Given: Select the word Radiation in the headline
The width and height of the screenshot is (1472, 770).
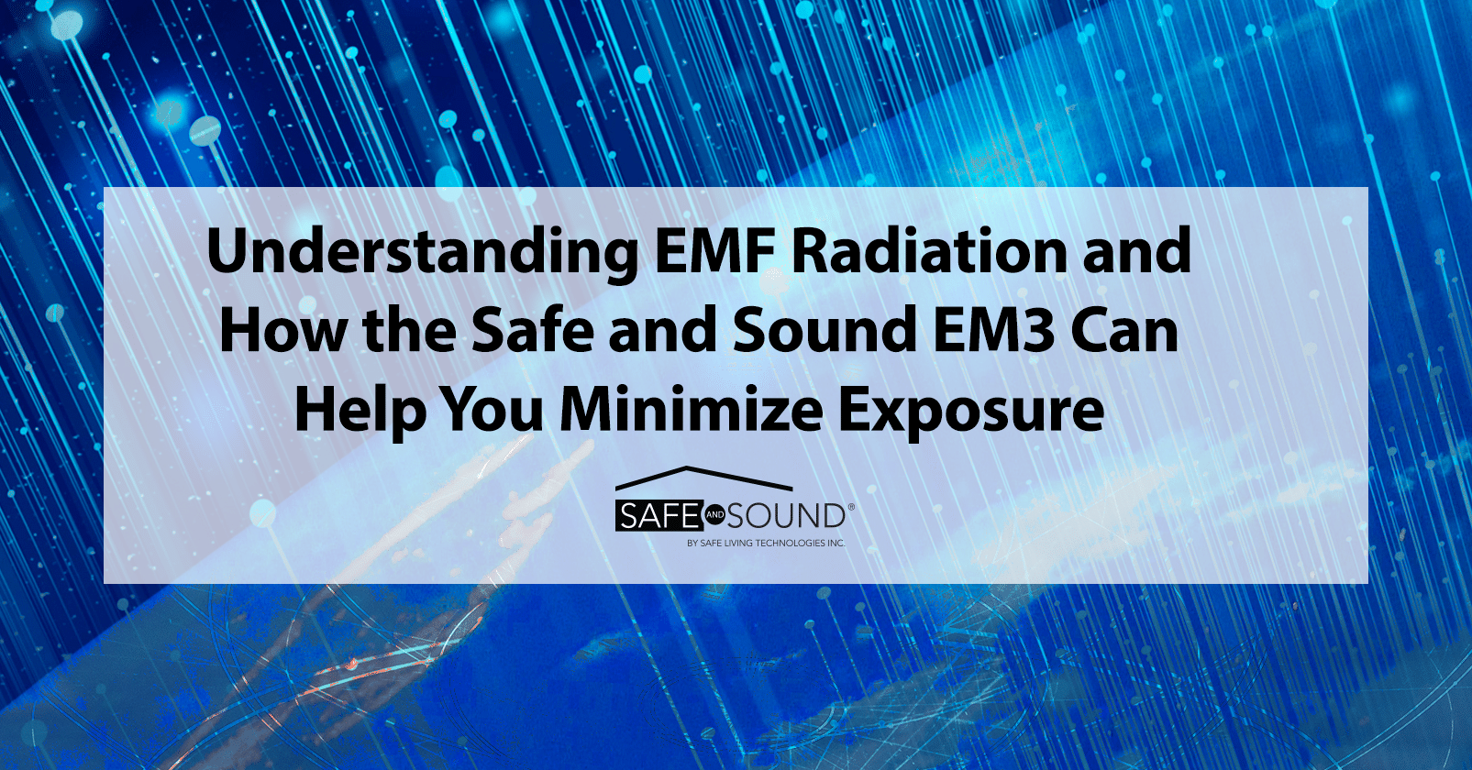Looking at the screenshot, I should (x=928, y=251).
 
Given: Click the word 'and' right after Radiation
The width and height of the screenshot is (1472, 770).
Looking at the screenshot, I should (x=1136, y=251).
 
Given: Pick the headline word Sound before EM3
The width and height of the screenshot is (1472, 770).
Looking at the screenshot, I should (x=825, y=331).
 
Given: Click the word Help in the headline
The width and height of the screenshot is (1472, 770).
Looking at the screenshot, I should (x=360, y=410).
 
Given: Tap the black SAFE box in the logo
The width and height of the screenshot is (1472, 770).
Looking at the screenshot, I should (x=659, y=516).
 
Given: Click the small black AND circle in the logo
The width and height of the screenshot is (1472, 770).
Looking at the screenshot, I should (x=715, y=516).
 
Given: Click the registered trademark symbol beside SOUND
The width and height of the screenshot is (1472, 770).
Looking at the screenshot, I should (x=851, y=506).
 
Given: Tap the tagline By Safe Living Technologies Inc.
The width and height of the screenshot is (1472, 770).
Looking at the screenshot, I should (x=766, y=544).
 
